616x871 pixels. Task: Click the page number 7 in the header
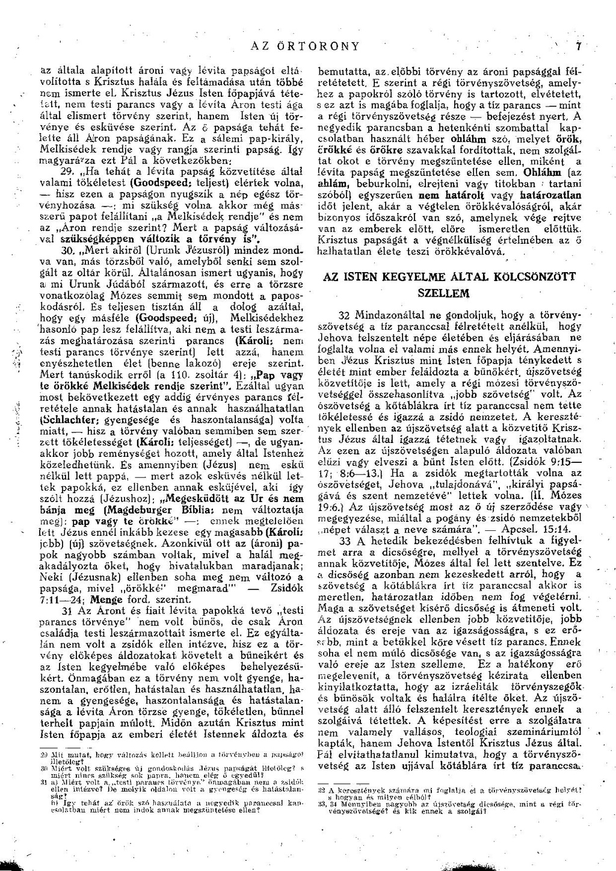point(576,46)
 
